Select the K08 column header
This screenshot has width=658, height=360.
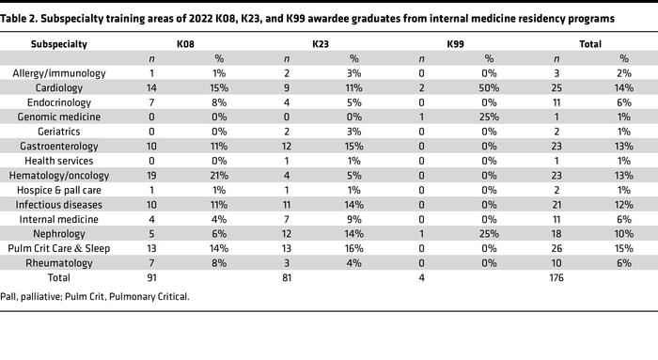coord(186,44)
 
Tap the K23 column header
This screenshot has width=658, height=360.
coord(320,44)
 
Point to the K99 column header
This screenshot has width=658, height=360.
coord(455,44)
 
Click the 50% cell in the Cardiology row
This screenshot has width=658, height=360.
coord(490,87)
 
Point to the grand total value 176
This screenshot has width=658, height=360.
coord(557,278)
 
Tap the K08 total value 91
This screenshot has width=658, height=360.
coord(152,278)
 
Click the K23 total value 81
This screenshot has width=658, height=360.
coord(287,278)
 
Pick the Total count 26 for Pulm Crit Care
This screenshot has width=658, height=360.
coord(557,248)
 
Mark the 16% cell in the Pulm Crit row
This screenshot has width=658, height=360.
coord(354,248)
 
